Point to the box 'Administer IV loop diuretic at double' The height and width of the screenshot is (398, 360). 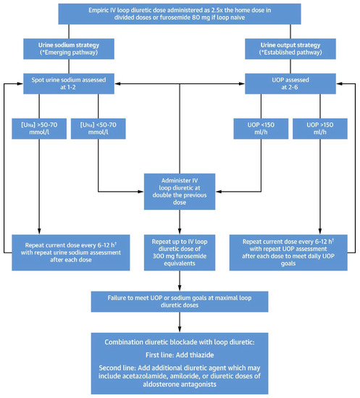(x=180, y=190)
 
